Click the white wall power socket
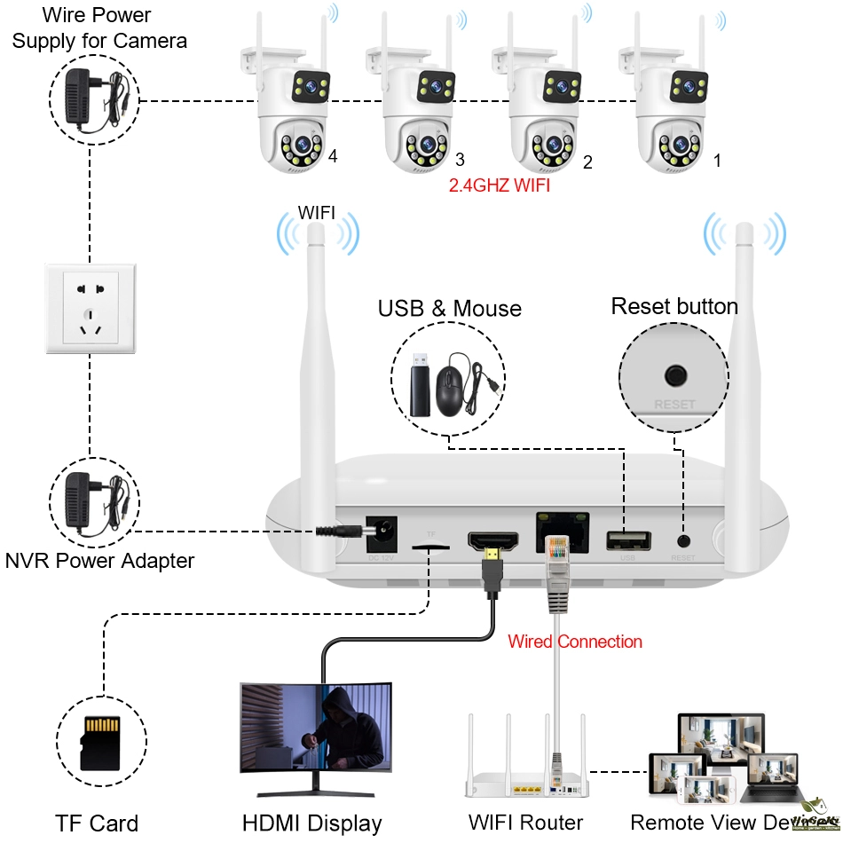point(90,307)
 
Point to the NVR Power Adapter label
point(99,561)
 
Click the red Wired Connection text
point(575,641)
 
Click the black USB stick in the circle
point(420,386)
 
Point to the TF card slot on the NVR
point(431,548)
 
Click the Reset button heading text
point(674,307)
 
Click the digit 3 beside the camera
point(460,160)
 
